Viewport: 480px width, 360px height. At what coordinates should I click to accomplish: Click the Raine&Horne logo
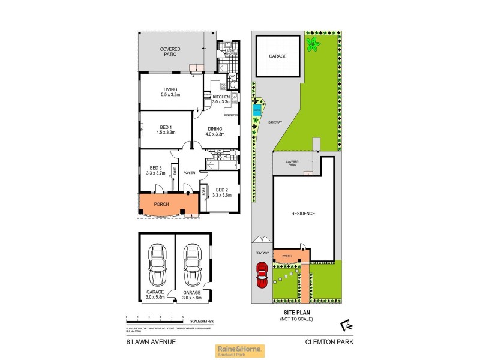coord(239,351)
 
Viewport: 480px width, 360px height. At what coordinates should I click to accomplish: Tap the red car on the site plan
coord(262,276)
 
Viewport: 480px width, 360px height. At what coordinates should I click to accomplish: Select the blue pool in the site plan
coord(257,110)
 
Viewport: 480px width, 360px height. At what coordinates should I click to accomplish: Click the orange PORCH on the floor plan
coord(162,205)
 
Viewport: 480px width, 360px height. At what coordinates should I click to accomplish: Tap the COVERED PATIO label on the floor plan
coord(170,51)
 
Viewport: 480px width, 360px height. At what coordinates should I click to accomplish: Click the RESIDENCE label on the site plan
coord(303,214)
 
